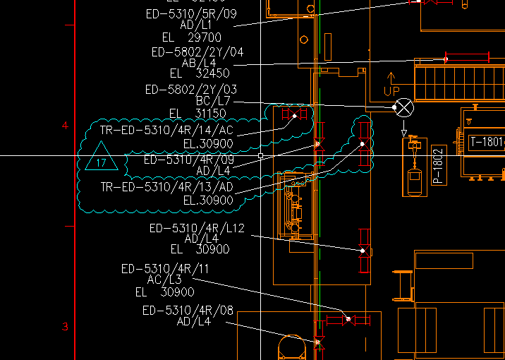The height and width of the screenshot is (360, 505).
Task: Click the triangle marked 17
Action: (x=100, y=158)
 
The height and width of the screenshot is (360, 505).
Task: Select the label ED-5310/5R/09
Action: (x=200, y=13)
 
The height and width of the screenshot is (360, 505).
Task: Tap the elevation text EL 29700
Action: (x=191, y=37)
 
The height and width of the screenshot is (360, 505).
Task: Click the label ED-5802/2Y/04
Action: (x=197, y=52)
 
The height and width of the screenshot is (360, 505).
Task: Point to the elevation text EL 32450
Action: (x=199, y=73)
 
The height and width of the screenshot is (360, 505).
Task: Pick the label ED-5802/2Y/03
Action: (x=190, y=90)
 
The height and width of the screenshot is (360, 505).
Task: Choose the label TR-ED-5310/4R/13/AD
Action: (x=166, y=187)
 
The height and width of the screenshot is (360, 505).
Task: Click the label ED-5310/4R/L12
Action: (x=196, y=228)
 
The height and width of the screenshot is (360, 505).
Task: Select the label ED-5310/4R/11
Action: (x=165, y=269)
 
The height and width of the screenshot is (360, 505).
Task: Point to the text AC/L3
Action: (x=164, y=280)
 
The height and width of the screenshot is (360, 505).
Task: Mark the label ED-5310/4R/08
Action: (x=188, y=311)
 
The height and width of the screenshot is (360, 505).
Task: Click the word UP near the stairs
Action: (x=391, y=91)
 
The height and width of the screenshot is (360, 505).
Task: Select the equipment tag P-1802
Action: (x=437, y=167)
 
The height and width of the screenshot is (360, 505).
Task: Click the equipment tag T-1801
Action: (x=487, y=143)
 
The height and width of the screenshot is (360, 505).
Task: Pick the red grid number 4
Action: (x=66, y=126)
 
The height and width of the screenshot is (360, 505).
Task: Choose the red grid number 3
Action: (x=66, y=327)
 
